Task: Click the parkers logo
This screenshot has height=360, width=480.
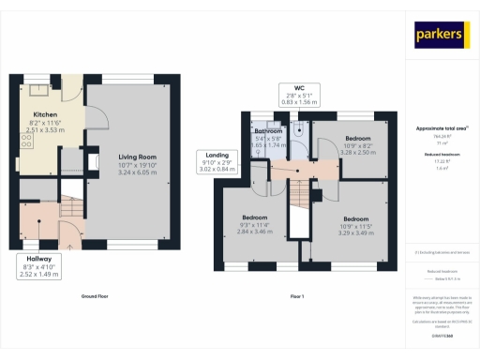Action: [x=440, y=35]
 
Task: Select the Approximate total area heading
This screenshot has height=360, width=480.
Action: [x=441, y=127]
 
